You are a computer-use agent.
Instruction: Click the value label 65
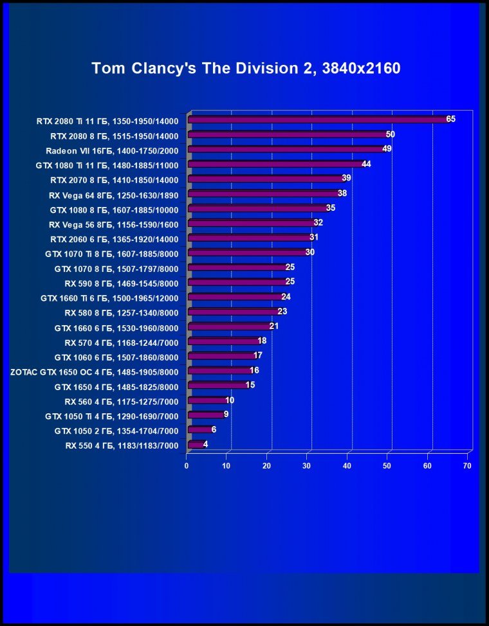pos(450,119)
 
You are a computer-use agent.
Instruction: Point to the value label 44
pos(366,164)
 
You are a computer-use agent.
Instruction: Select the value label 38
pos(342,193)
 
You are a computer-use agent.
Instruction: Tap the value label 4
pos(205,444)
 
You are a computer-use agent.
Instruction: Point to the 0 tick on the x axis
pos(187,465)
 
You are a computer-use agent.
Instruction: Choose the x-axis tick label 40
pos(347,465)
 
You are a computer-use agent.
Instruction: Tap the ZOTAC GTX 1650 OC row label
pos(94,371)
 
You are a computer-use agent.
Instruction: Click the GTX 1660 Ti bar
pos(234,297)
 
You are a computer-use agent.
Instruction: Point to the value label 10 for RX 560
pos(230,400)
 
